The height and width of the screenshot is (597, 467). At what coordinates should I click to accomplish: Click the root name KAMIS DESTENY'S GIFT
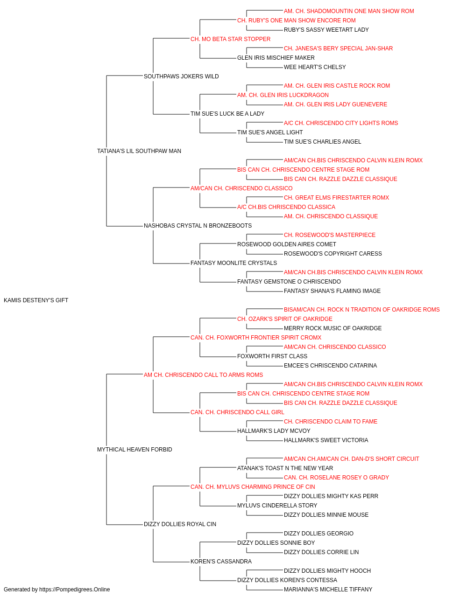coord(36,300)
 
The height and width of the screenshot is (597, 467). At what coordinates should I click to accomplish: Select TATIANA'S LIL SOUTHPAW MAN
coord(139,151)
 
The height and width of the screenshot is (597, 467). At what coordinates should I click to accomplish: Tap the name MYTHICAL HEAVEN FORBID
coord(134,450)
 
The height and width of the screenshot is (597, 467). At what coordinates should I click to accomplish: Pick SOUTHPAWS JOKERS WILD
coord(181,76)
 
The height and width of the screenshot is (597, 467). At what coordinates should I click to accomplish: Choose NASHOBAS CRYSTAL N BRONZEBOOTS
coord(198,226)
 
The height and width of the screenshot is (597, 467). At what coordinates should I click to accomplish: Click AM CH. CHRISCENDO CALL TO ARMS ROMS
coord(203,375)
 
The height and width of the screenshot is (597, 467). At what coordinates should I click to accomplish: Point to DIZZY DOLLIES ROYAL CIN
coord(180,524)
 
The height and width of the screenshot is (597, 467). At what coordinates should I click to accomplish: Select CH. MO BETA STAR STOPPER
coord(231,39)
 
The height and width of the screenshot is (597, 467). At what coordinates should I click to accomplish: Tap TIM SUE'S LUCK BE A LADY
coord(227,114)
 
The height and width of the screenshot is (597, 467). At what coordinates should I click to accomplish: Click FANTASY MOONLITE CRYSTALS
coord(234,263)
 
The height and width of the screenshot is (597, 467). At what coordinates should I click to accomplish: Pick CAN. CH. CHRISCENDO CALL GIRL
coord(237,412)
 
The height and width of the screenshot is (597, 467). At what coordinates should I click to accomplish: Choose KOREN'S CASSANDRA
coord(221,561)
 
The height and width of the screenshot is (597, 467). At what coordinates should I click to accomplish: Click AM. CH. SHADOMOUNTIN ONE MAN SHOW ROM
coord(349,11)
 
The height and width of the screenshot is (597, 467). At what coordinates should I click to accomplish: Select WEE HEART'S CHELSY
coord(315,67)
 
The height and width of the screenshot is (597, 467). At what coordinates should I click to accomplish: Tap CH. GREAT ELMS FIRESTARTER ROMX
coord(336,198)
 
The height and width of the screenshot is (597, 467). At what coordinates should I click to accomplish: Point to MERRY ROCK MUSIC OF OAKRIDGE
coord(333,328)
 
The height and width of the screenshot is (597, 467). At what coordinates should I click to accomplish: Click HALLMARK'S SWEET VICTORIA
coord(326,440)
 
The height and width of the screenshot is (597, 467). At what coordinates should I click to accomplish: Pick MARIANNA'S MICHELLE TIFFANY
coord(328,590)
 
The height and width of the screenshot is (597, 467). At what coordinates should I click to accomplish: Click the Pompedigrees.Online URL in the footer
coord(75,590)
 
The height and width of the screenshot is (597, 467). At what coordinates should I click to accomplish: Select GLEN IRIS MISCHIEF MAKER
coord(276,58)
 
